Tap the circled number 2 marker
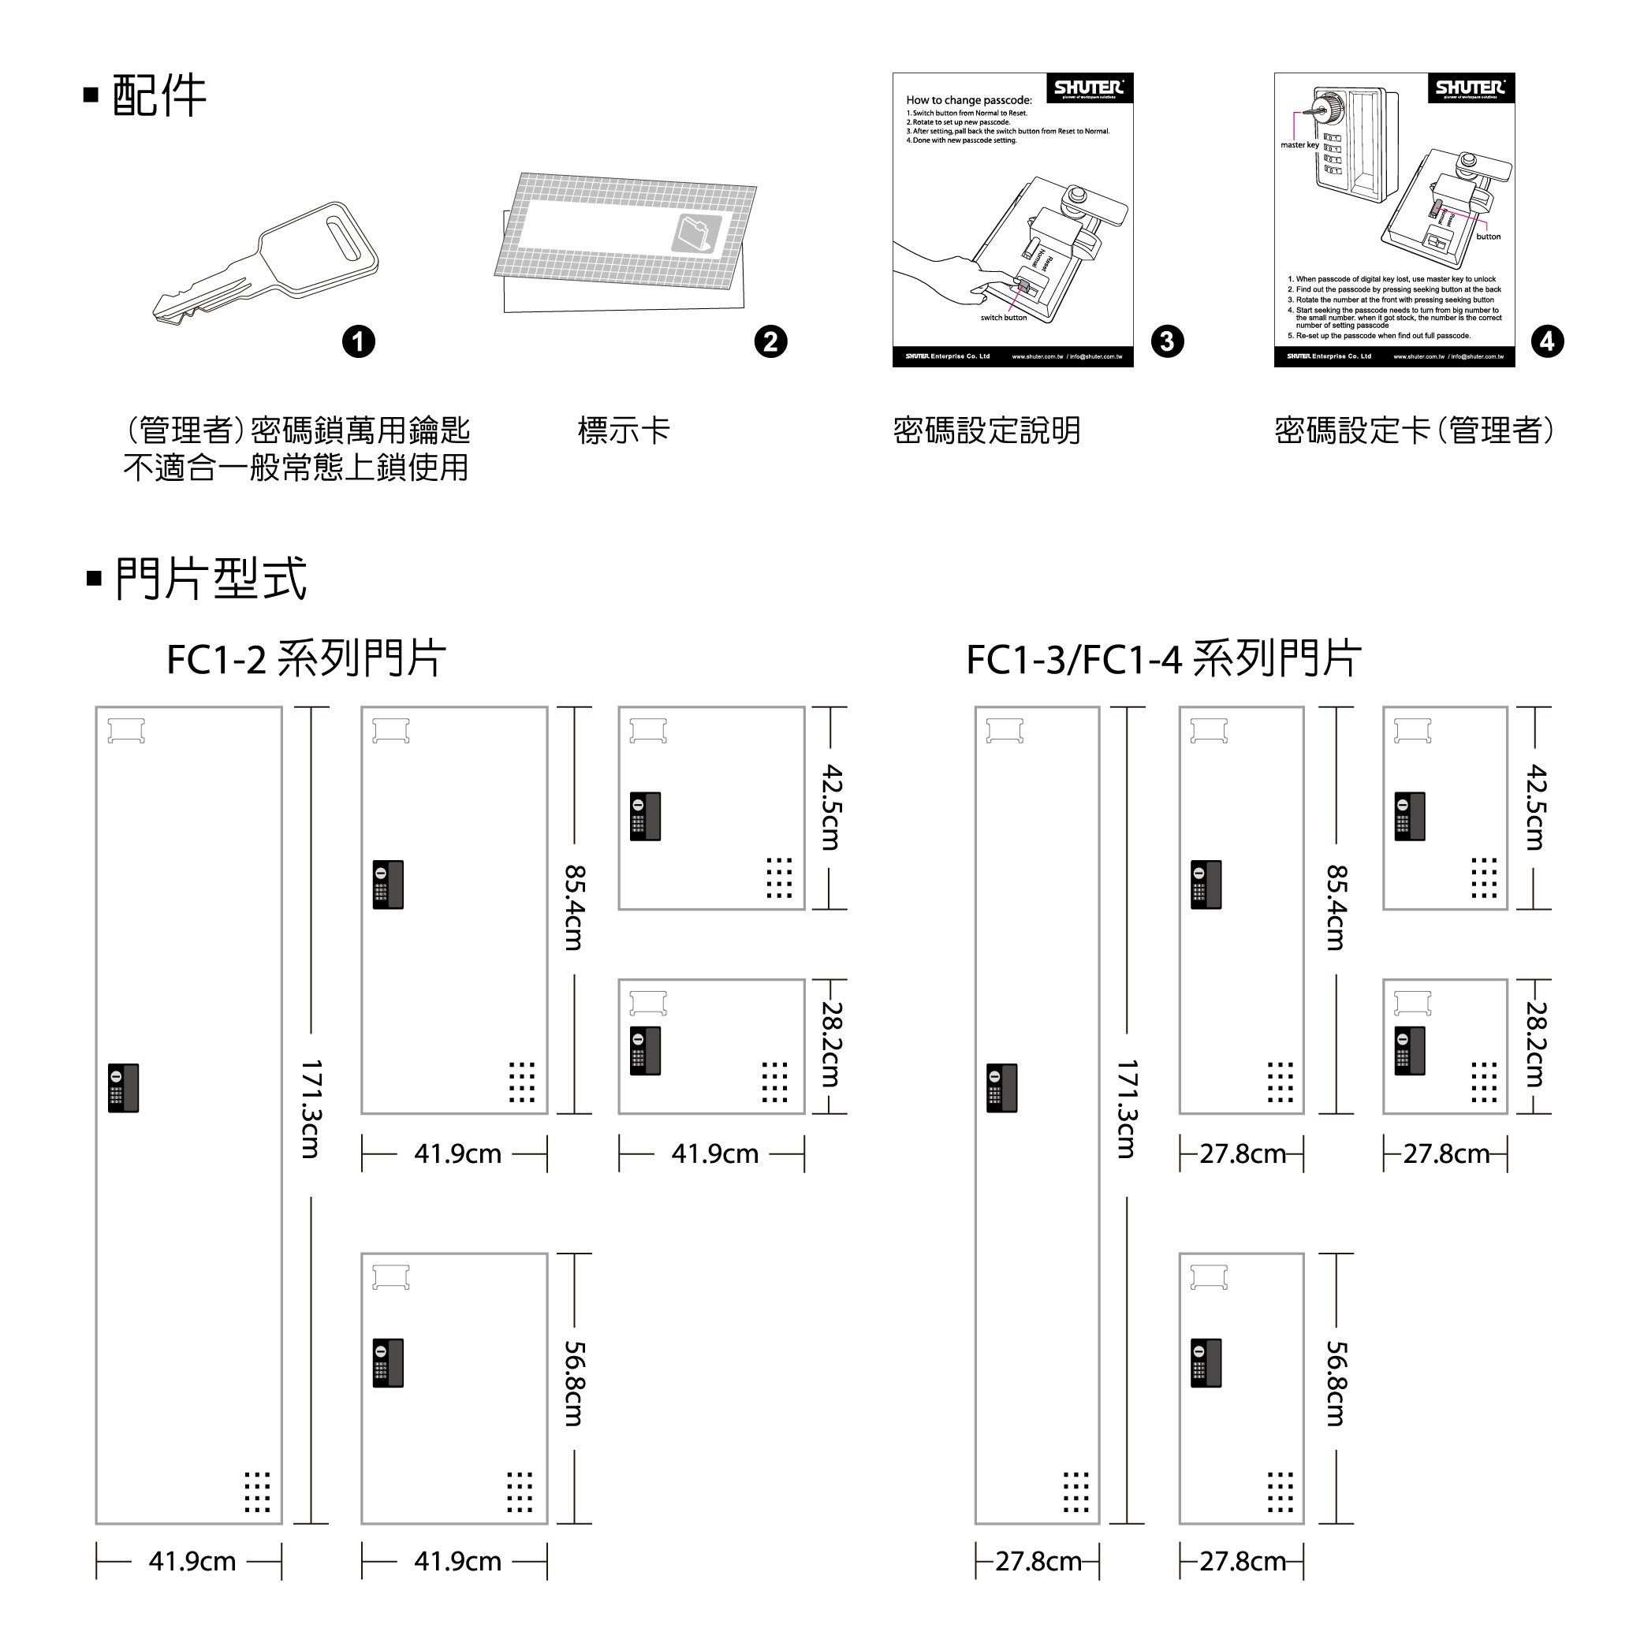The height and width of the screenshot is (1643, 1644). [x=771, y=342]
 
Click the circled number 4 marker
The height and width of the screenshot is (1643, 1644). [x=1547, y=342]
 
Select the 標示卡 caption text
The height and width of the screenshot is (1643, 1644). [x=624, y=430]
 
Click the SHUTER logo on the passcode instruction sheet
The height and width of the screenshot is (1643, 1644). [x=1089, y=88]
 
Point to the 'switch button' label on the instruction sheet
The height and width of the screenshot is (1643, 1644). [x=1003, y=319]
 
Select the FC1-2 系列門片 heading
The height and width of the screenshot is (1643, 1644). [x=305, y=659]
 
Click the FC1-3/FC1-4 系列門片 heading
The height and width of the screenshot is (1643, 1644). [x=1163, y=659]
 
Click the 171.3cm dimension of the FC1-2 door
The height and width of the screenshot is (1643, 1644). [x=311, y=1108]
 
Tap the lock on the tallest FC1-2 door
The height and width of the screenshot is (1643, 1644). [x=123, y=1088]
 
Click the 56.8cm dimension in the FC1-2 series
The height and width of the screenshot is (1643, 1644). [x=574, y=1384]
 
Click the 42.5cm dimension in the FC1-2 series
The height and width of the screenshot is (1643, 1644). [x=830, y=807]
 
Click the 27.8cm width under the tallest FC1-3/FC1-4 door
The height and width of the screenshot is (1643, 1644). [x=1038, y=1561]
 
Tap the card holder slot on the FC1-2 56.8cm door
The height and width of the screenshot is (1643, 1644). [x=390, y=1277]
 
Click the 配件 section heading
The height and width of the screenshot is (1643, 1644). [x=158, y=95]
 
